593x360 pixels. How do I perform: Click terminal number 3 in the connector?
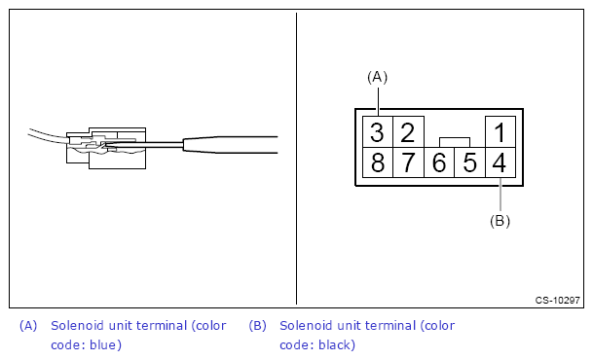[377, 132]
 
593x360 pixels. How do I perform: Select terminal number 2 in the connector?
[408, 132]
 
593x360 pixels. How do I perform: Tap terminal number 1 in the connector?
[500, 132]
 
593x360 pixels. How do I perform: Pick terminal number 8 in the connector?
[377, 162]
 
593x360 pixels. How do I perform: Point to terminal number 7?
[408, 162]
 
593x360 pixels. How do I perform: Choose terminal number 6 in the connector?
[439, 162]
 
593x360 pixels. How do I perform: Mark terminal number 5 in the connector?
[469, 162]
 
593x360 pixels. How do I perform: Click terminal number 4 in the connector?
[500, 162]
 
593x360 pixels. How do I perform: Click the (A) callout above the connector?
[377, 76]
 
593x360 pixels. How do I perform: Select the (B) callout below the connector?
[500, 220]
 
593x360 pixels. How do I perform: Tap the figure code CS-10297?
[557, 301]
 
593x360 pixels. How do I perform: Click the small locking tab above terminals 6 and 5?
[455, 142]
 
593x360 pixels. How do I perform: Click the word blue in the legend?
[103, 344]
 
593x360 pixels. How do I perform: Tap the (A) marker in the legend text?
[28, 326]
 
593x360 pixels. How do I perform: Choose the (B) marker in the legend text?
[257, 326]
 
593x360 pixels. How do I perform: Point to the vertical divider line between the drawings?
[296, 156]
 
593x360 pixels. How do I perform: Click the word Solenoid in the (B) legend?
[304, 326]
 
